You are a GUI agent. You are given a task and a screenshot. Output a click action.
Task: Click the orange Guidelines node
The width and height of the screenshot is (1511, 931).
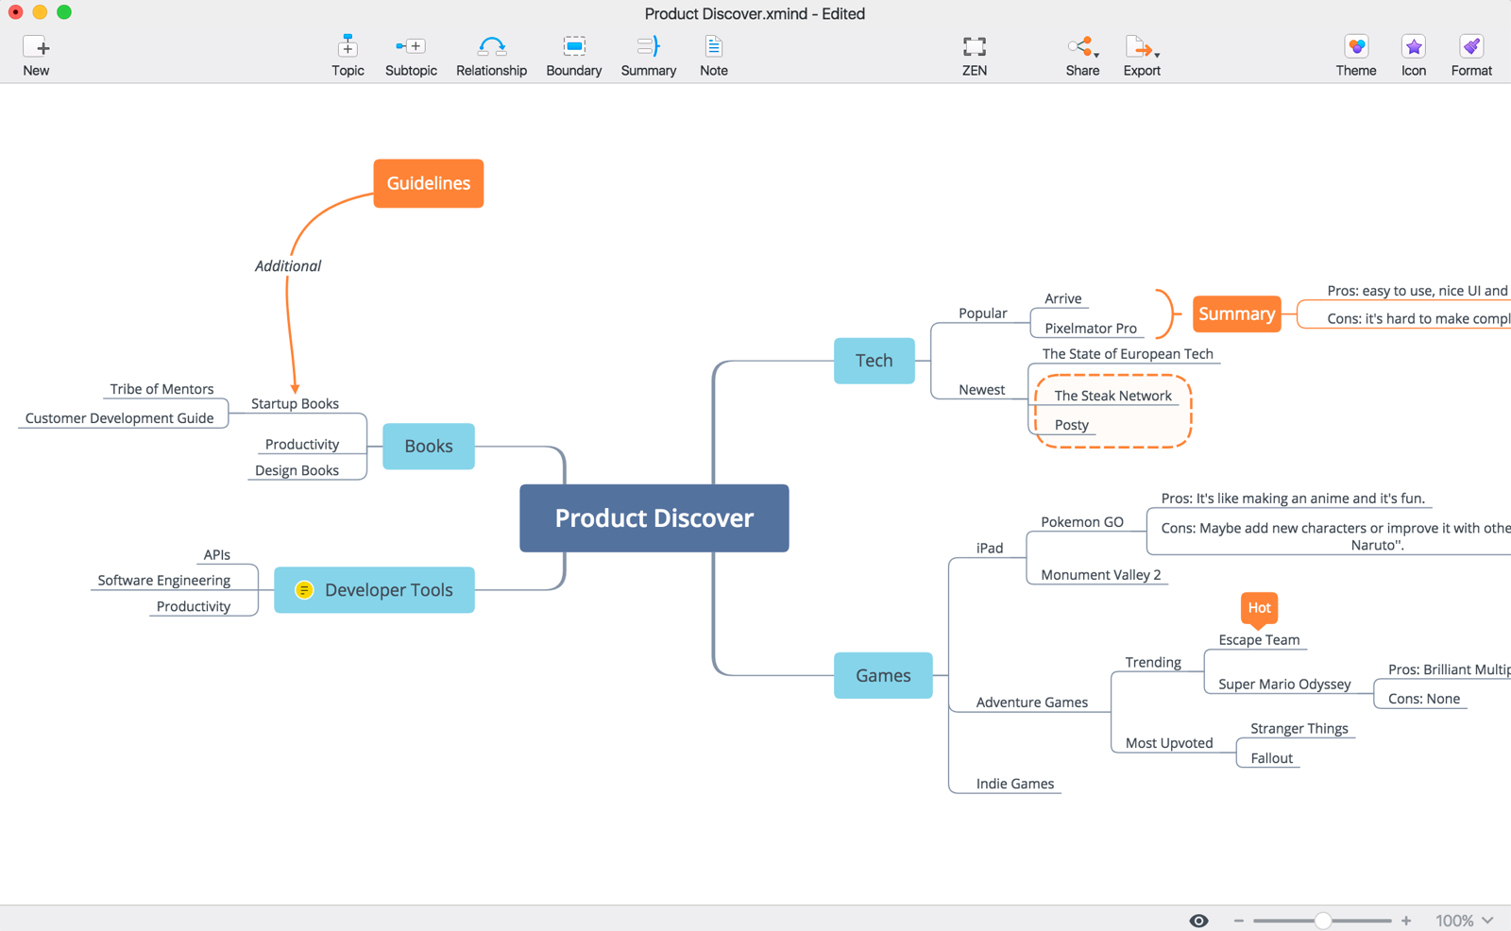pyautogui.click(x=428, y=183)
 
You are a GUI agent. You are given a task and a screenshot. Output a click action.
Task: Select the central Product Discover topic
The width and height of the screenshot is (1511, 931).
pyautogui.click(x=654, y=517)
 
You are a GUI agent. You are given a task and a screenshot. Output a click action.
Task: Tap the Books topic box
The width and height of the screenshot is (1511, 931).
pyautogui.click(x=428, y=446)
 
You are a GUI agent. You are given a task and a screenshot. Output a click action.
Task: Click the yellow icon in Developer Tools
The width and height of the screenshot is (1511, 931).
pyautogui.click(x=304, y=590)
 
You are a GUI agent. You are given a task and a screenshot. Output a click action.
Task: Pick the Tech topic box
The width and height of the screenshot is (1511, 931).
pyautogui.click(x=874, y=360)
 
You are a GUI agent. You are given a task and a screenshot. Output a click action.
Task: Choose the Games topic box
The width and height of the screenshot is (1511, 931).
pyautogui.click(x=883, y=675)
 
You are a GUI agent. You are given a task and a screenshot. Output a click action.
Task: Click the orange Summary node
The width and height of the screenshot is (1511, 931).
pyautogui.click(x=1236, y=313)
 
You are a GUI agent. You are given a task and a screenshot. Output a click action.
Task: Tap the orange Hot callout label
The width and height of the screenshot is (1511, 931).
pyautogui.click(x=1259, y=607)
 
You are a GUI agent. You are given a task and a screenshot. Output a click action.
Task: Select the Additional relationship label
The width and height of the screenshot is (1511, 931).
pyautogui.click(x=288, y=266)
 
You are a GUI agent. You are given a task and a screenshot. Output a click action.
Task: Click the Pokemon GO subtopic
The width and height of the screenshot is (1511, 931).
pyautogui.click(x=1081, y=521)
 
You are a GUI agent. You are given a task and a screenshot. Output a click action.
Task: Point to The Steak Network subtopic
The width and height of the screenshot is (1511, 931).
pyautogui.click(x=1112, y=396)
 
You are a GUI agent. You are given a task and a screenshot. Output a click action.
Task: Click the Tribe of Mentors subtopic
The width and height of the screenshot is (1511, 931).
pyautogui.click(x=161, y=389)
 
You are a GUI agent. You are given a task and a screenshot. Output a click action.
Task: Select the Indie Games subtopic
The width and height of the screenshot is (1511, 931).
pyautogui.click(x=1014, y=784)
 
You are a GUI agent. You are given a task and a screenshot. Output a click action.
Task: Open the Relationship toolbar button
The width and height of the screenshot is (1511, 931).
pyautogui.click(x=491, y=56)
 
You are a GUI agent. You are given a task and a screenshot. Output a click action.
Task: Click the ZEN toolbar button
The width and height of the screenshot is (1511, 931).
pyautogui.click(x=974, y=56)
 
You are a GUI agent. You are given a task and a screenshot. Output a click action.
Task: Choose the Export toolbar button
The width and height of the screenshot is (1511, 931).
pyautogui.click(x=1141, y=56)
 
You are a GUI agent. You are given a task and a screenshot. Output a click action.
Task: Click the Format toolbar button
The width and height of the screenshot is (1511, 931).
pyautogui.click(x=1470, y=56)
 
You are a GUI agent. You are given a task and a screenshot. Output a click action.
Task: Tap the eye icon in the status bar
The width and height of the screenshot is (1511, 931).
pyautogui.click(x=1198, y=921)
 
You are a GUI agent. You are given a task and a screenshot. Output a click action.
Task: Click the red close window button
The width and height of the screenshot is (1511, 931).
pyautogui.click(x=16, y=12)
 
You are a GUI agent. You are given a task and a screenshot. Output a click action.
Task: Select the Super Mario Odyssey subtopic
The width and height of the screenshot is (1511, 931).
pyautogui.click(x=1284, y=684)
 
